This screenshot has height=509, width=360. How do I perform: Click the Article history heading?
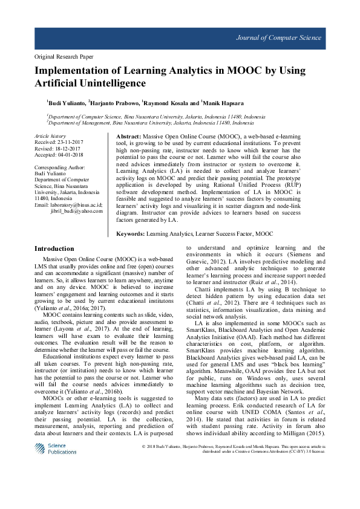(50, 137)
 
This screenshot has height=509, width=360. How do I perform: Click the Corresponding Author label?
(60, 167)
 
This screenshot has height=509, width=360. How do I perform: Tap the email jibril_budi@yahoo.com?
(76, 210)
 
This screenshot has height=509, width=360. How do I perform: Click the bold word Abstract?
(128, 138)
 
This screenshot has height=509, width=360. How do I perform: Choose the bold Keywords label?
(130, 233)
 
